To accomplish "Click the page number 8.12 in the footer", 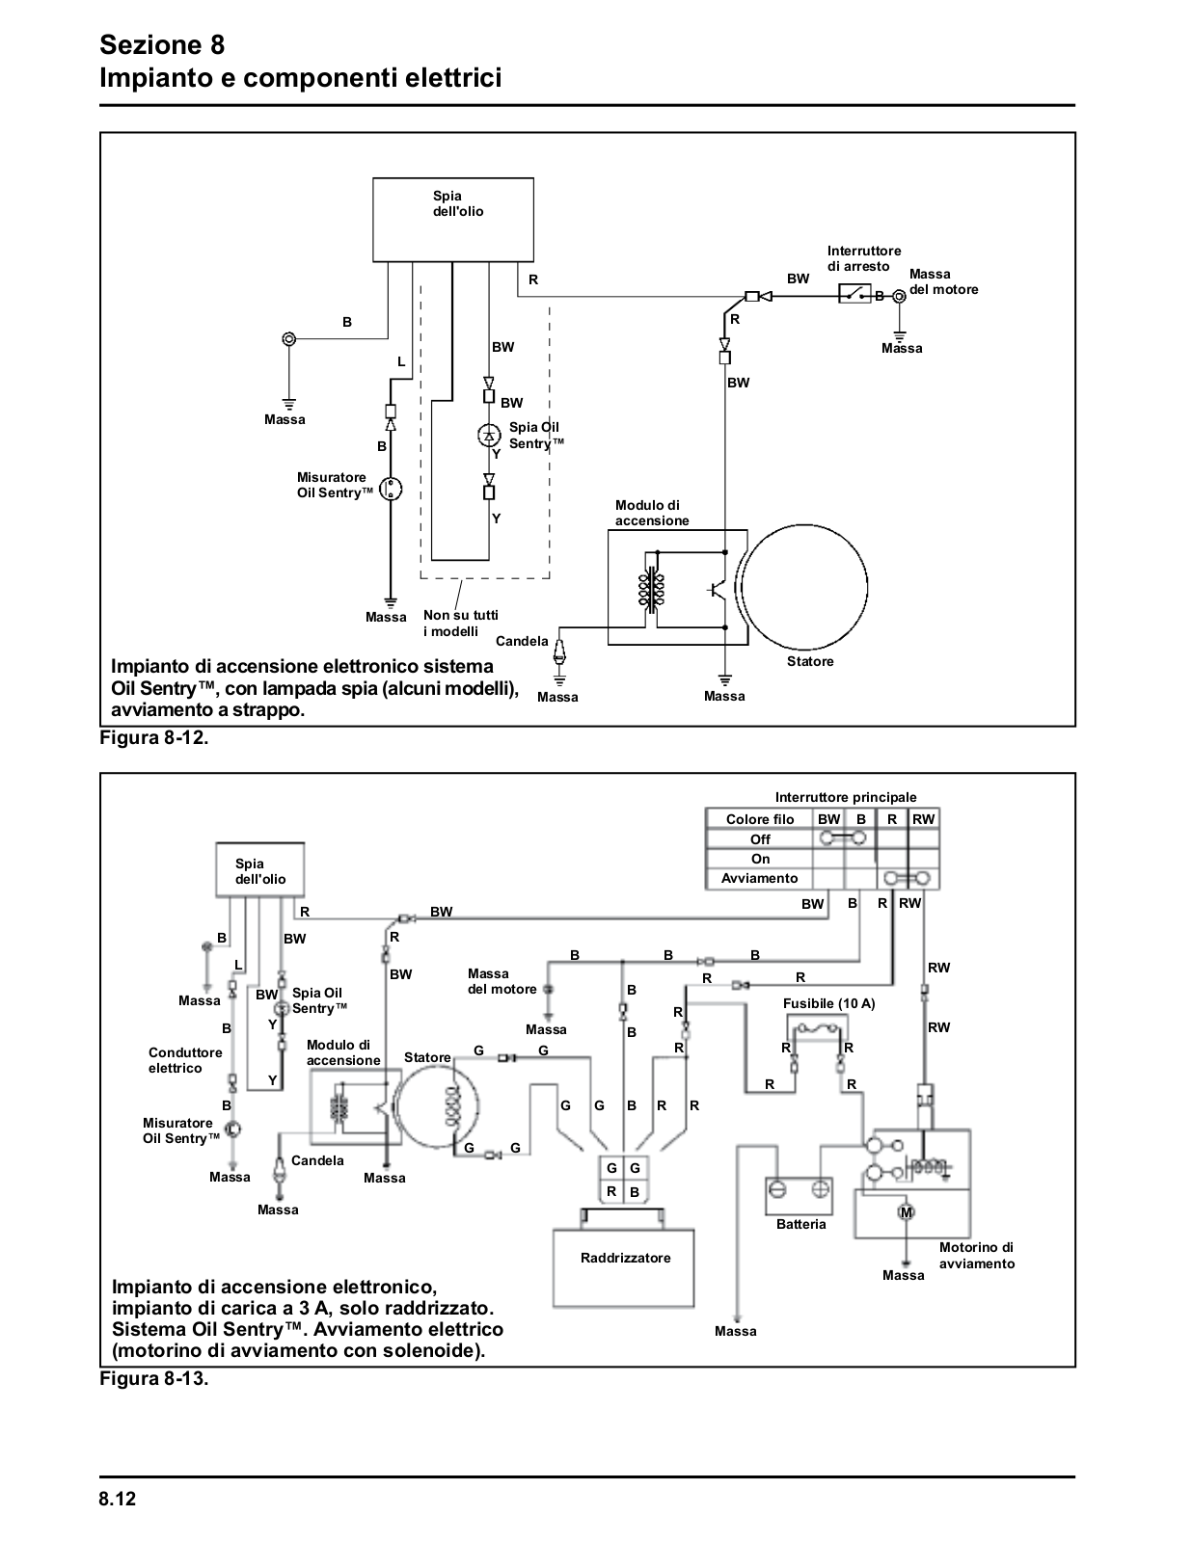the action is click(117, 1499).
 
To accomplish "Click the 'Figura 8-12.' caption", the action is click(154, 738).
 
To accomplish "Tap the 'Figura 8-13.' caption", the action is click(154, 1379).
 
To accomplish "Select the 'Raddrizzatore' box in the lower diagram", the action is click(623, 1268).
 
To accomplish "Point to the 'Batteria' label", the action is click(801, 1224).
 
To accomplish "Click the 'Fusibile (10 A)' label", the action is click(828, 1003).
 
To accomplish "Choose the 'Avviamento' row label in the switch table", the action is click(759, 879).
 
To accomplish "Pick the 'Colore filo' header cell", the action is click(760, 819).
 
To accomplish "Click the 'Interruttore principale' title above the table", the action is click(846, 798).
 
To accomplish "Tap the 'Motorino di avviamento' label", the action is click(976, 1256).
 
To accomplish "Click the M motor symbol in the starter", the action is click(907, 1212).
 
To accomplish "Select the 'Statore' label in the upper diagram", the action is click(810, 661).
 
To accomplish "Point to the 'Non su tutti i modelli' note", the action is click(461, 623).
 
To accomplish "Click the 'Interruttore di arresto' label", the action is click(863, 258).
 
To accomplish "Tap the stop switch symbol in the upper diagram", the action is click(855, 293).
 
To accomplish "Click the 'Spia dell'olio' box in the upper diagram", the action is click(453, 220).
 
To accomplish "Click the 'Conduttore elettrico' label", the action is click(185, 1060).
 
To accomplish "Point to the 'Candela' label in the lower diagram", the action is click(317, 1160).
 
